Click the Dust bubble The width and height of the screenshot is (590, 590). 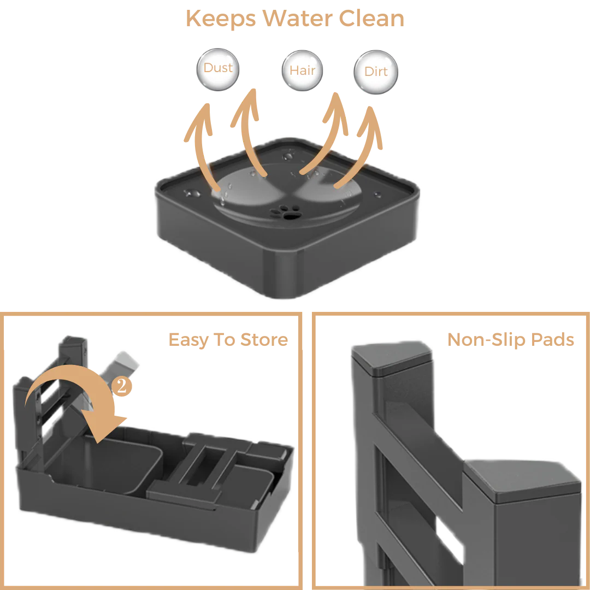[x=218, y=69]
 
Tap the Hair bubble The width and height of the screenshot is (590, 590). [x=303, y=71]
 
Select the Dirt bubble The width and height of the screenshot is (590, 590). [x=376, y=72]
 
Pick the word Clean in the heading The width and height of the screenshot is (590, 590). [x=371, y=19]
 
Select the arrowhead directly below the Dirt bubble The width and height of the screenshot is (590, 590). [x=371, y=117]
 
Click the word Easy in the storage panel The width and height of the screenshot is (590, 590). [x=188, y=340]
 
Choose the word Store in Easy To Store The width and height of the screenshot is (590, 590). [x=264, y=340]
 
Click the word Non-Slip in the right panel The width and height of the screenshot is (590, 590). [x=487, y=340]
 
